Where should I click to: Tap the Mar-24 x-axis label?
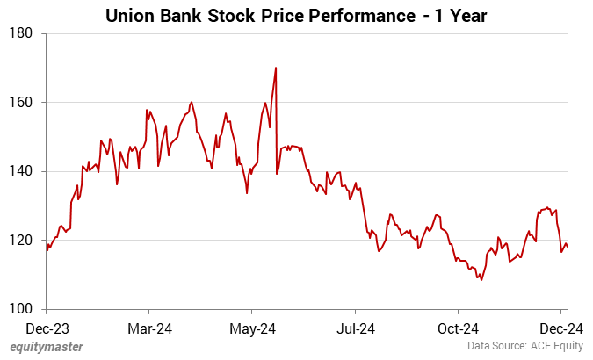tap(149, 328)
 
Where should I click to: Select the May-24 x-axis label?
tap(252, 328)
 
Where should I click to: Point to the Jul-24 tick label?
tap(355, 328)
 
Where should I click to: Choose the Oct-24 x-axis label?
tap(458, 328)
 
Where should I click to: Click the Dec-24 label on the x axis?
tap(560, 328)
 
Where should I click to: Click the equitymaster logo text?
tap(47, 347)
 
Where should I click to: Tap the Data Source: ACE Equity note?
tap(524, 347)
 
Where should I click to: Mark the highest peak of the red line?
tap(276, 68)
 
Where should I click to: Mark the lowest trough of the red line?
tap(481, 279)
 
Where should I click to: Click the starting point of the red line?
tap(47, 249)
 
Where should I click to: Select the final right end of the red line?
tap(568, 248)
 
